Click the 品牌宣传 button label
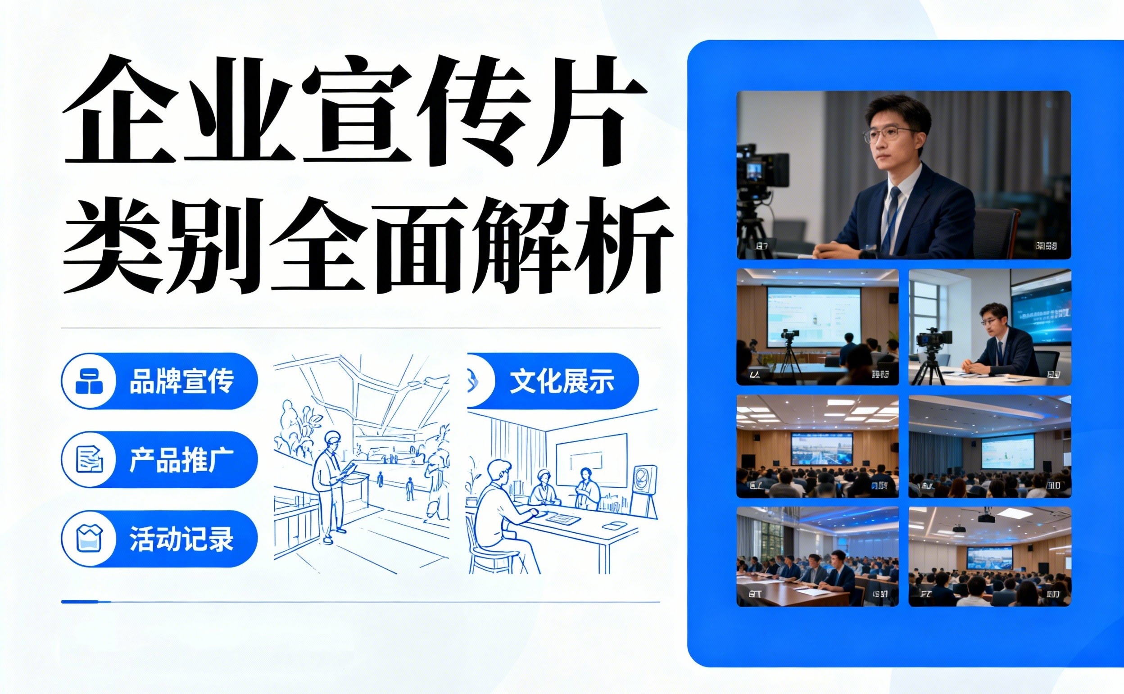coord(182,381)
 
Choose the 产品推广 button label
coord(182,460)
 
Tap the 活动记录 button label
coord(182,539)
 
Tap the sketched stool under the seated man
coord(489,558)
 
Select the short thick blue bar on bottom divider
coord(86,601)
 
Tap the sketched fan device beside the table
coord(645,486)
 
